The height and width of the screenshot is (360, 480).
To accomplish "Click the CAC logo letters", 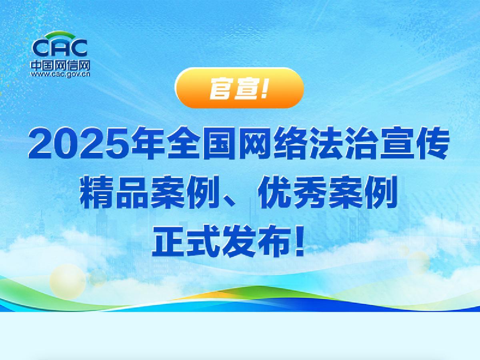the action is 60,48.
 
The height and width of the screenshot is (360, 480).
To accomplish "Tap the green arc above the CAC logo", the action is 60,34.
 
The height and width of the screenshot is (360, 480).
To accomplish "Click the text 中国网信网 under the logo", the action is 60,65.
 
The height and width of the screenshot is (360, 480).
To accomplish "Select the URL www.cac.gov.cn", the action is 60,74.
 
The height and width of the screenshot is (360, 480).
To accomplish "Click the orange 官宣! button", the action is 239,88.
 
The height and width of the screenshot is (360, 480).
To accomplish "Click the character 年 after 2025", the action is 148,143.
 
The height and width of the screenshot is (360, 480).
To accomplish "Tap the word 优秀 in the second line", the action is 292,192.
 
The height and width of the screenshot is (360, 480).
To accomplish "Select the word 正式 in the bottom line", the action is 186,241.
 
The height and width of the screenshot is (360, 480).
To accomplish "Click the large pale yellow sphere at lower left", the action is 68,282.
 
